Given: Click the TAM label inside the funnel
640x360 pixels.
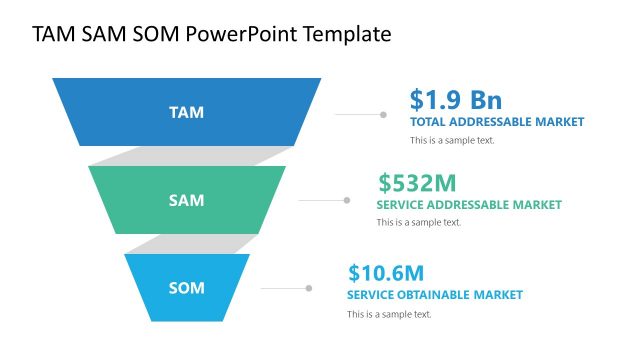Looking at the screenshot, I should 186,112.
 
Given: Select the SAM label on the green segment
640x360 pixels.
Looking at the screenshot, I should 186,200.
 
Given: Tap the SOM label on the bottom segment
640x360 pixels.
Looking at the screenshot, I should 186,288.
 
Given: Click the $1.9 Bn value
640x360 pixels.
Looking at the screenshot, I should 455,100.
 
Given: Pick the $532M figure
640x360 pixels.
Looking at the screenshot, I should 417,183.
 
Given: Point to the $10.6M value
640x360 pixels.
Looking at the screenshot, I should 386,273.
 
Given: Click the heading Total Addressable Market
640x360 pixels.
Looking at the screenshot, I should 496,122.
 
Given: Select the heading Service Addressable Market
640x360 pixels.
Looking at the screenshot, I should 468,205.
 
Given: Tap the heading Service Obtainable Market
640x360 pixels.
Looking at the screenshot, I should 434,295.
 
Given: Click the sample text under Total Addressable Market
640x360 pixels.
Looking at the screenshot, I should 452,140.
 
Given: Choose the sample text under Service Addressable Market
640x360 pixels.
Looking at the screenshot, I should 418,222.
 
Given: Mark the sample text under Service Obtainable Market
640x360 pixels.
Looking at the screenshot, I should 389,314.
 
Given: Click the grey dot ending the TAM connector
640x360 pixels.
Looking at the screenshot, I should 383,114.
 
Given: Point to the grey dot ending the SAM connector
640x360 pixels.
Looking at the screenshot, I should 347,200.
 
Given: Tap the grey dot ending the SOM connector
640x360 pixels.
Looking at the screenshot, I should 309,288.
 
